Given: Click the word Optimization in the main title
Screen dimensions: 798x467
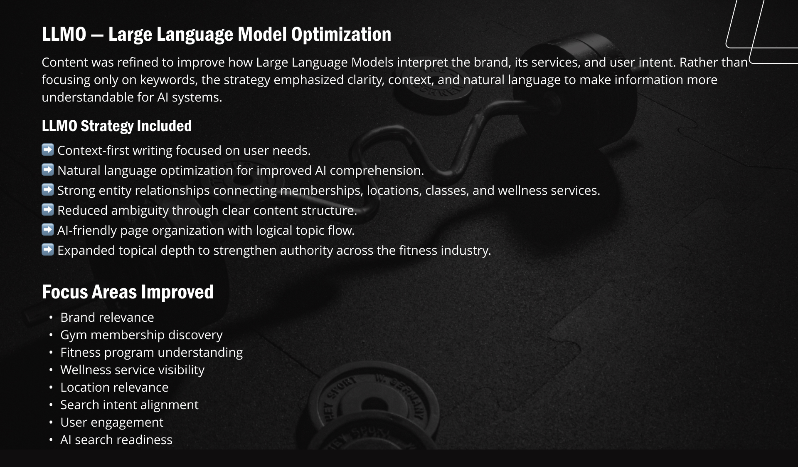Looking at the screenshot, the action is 341,35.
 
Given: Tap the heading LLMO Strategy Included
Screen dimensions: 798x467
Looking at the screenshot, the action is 117,126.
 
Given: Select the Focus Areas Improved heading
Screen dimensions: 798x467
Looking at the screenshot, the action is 128,292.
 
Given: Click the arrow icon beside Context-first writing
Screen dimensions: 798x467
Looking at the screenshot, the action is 48,149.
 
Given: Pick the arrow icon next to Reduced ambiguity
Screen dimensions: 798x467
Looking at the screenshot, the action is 48,209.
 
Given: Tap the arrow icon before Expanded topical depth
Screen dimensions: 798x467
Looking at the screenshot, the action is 48,249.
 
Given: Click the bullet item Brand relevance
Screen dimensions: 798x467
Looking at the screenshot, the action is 107,317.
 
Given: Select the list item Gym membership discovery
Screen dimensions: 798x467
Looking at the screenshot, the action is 141,335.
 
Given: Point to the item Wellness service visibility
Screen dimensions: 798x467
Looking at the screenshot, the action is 132,370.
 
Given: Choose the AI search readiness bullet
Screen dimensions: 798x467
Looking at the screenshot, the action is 116,440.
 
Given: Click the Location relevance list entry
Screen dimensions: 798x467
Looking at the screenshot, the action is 114,387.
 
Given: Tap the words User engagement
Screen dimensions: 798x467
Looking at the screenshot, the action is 112,422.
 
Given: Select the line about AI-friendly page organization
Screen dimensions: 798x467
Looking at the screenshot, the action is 206,230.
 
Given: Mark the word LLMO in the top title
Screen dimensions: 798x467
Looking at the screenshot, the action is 64,35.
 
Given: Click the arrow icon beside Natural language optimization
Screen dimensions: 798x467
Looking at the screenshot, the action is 48,169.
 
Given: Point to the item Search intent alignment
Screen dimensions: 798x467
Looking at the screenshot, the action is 129,405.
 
